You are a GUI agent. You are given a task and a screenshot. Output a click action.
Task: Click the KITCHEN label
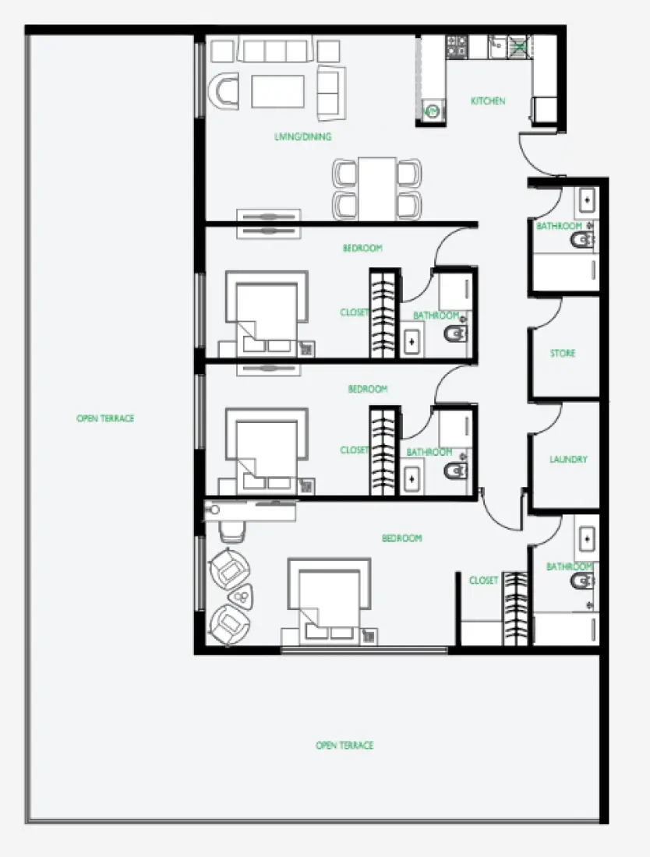pos(488,101)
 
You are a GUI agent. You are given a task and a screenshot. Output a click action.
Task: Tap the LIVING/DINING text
pos(303,137)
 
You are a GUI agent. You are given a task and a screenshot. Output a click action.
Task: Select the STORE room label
pos(563,354)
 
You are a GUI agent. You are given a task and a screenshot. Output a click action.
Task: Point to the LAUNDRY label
pos(568,460)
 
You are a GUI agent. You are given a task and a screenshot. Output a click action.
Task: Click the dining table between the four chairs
pos(377,189)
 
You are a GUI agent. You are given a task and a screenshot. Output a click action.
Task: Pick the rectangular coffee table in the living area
pos(277,91)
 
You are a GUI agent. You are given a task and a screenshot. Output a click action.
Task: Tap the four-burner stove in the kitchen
pos(456,47)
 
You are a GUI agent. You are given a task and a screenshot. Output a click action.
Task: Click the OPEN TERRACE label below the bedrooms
pos(344,746)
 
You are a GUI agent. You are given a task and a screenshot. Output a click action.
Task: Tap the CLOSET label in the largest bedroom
pos(483,580)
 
